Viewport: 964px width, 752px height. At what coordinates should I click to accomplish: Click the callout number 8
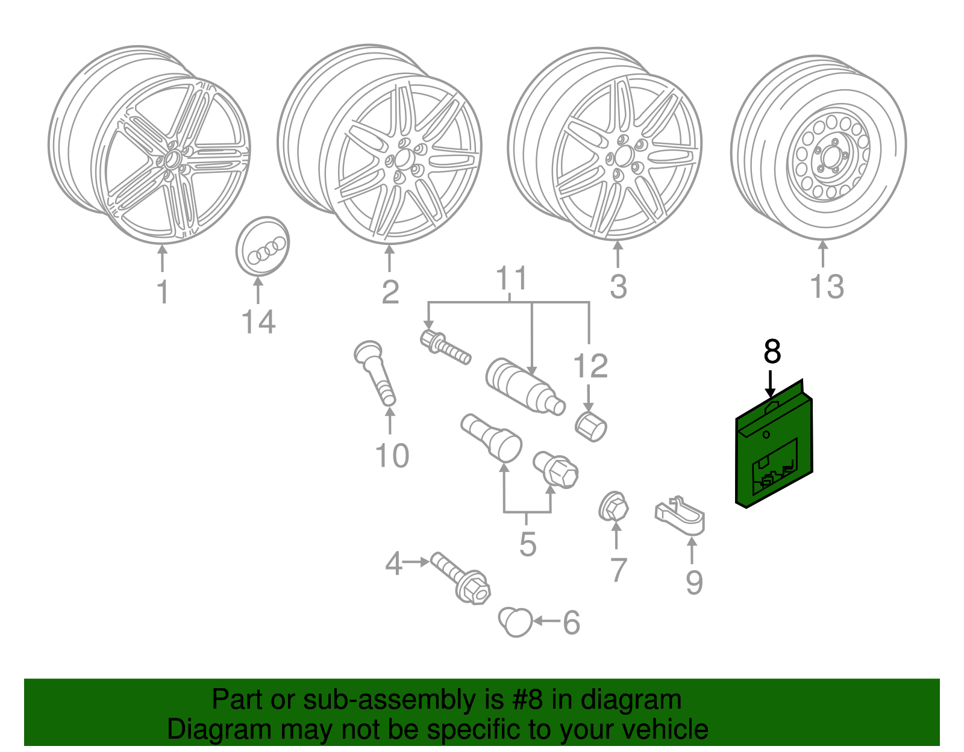point(772,352)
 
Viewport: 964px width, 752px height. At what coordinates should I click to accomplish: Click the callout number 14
point(258,322)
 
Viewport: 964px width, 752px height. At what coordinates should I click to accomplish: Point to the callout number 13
point(827,287)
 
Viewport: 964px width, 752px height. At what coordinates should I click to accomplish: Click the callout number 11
point(511,279)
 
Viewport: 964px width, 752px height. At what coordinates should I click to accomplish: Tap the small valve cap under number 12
point(591,426)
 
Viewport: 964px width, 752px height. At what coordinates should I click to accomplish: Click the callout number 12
point(590,366)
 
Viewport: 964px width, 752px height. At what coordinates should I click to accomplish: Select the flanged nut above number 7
point(613,507)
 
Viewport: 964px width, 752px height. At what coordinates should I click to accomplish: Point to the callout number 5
point(527,544)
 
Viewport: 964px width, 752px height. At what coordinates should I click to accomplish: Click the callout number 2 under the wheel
point(390,292)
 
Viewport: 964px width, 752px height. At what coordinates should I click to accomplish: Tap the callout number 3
point(618,287)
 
